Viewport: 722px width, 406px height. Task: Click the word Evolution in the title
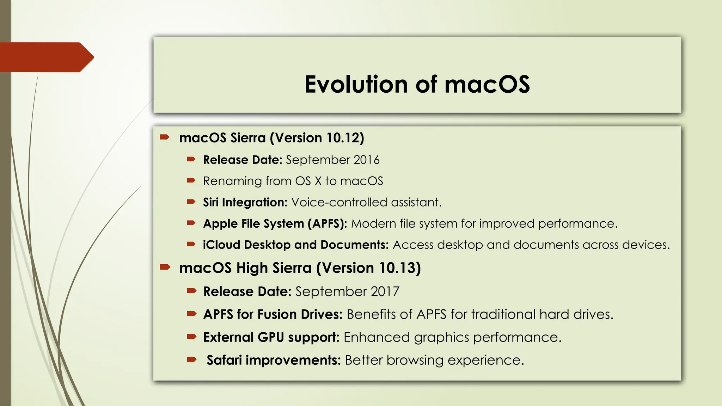356,85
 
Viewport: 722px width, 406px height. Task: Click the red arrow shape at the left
46,57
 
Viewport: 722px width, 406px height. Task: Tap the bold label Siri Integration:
245,203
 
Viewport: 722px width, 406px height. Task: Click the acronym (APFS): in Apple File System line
327,224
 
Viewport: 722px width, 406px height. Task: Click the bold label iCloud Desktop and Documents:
295,245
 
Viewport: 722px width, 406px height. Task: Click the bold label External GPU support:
271,338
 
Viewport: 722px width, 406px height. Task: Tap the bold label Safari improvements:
274,361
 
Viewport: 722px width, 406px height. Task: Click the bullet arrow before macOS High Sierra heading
165,267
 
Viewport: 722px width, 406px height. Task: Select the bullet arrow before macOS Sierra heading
165,137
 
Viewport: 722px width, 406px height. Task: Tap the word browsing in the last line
415,361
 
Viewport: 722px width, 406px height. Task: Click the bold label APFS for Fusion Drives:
273,314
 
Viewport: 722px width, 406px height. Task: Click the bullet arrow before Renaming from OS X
191,181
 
